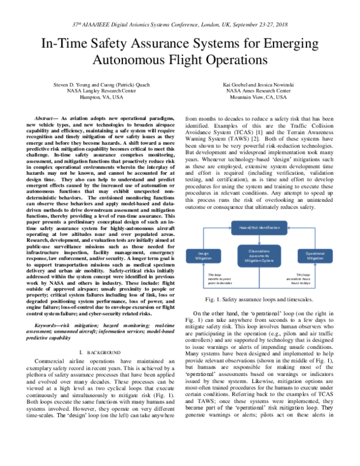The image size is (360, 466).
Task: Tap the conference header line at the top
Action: pos(179,25)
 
